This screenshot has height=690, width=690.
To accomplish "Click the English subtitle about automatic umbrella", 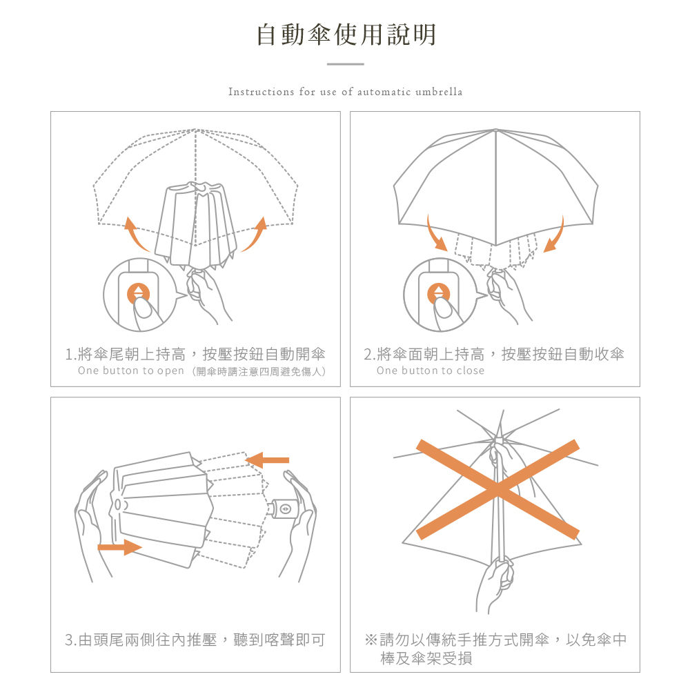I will (x=345, y=92).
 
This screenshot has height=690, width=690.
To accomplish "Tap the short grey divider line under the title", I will (x=345, y=64).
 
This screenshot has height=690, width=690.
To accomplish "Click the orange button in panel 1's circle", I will (x=139, y=292).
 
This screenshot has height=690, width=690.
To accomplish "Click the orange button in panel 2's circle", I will (x=438, y=292).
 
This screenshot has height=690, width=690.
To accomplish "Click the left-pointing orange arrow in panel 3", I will (x=268, y=460).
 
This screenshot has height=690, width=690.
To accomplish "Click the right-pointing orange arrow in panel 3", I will (x=119, y=547).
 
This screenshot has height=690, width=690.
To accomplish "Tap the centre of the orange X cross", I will (x=497, y=489).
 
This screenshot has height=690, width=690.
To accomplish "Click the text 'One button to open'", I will (x=131, y=371).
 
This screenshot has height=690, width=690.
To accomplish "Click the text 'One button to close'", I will (x=431, y=371).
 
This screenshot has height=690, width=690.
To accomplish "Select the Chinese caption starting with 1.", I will (x=195, y=355).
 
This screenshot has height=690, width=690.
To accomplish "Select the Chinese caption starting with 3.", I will (x=195, y=640).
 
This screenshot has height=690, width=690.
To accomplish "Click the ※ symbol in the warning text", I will (x=371, y=640).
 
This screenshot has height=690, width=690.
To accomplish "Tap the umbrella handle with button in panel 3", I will (x=284, y=509).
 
